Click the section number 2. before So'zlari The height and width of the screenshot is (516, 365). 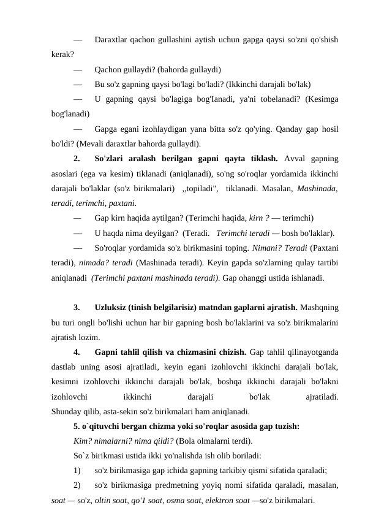(77, 159)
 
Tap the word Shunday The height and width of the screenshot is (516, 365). (67, 411)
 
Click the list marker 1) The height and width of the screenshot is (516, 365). (77, 471)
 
